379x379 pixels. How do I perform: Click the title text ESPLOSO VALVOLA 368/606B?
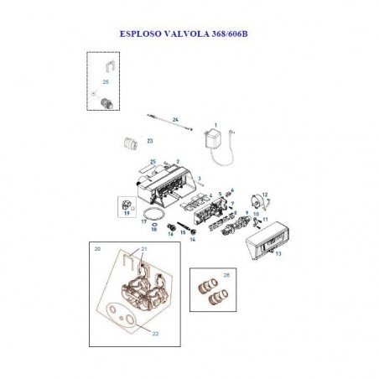click(189, 36)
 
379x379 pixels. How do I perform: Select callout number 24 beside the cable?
click(176, 121)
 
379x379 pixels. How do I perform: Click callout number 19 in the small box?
click(127, 214)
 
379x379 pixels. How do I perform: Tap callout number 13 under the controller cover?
click(278, 253)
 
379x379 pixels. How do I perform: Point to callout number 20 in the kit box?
click(98, 249)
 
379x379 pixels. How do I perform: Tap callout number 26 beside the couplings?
click(226, 275)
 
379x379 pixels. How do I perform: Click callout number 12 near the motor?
click(266, 194)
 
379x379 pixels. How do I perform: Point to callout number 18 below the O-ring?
click(153, 229)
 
